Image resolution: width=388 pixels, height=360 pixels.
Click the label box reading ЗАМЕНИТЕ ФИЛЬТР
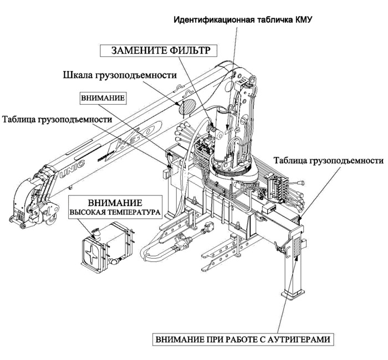click(155, 51)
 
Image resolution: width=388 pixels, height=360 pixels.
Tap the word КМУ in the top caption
click(303, 20)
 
